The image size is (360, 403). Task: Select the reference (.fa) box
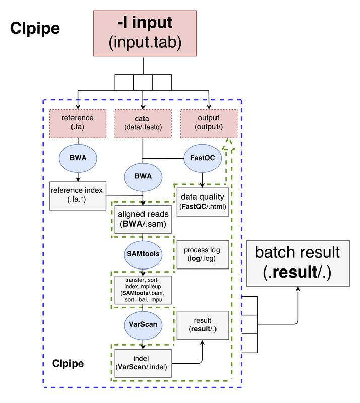click(x=78, y=123)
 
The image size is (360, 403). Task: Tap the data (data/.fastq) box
click(x=143, y=123)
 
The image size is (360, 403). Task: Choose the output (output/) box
click(x=208, y=123)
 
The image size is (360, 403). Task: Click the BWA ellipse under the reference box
click(x=78, y=158)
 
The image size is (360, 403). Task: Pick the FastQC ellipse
click(x=202, y=158)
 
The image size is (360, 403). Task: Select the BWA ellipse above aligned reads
click(x=143, y=177)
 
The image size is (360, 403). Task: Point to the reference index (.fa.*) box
click(x=78, y=195)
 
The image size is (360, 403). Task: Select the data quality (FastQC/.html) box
click(x=202, y=201)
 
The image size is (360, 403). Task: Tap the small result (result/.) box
click(x=202, y=325)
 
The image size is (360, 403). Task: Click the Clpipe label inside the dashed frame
click(x=68, y=363)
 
